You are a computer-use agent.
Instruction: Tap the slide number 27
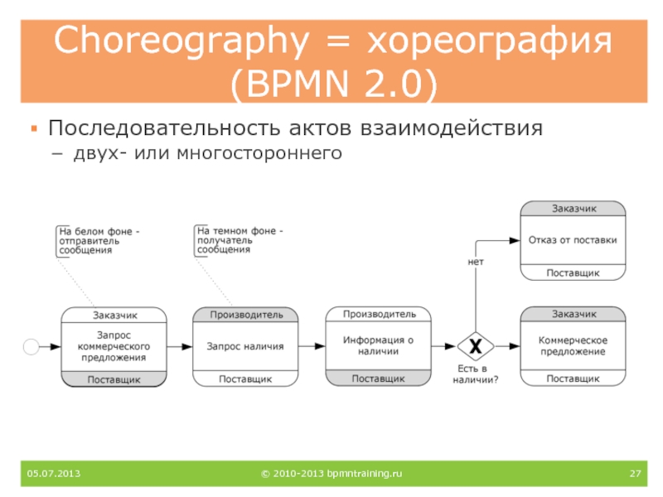tap(636, 474)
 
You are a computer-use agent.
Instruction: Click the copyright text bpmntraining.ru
tap(331, 474)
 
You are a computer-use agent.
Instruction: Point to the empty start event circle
tap(33, 346)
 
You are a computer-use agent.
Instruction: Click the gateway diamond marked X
tap(476, 345)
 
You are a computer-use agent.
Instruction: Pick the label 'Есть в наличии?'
tap(476, 374)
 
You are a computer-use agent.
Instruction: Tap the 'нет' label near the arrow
tap(476, 261)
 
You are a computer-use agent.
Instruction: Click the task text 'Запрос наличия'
tap(244, 346)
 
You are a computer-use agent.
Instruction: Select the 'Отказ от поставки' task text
tap(573, 240)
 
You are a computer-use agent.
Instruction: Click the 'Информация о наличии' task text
tap(378, 345)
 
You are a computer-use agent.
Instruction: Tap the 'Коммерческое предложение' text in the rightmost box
tap(573, 345)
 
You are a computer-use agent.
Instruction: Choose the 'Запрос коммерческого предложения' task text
tap(113, 346)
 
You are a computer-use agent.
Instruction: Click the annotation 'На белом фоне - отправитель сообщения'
tap(99, 240)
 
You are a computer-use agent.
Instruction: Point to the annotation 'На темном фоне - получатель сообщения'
tap(239, 239)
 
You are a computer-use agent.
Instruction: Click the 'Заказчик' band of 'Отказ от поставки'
tap(573, 207)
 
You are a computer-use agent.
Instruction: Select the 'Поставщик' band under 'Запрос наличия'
tap(244, 379)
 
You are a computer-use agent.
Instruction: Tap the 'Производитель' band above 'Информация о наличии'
tap(378, 314)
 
